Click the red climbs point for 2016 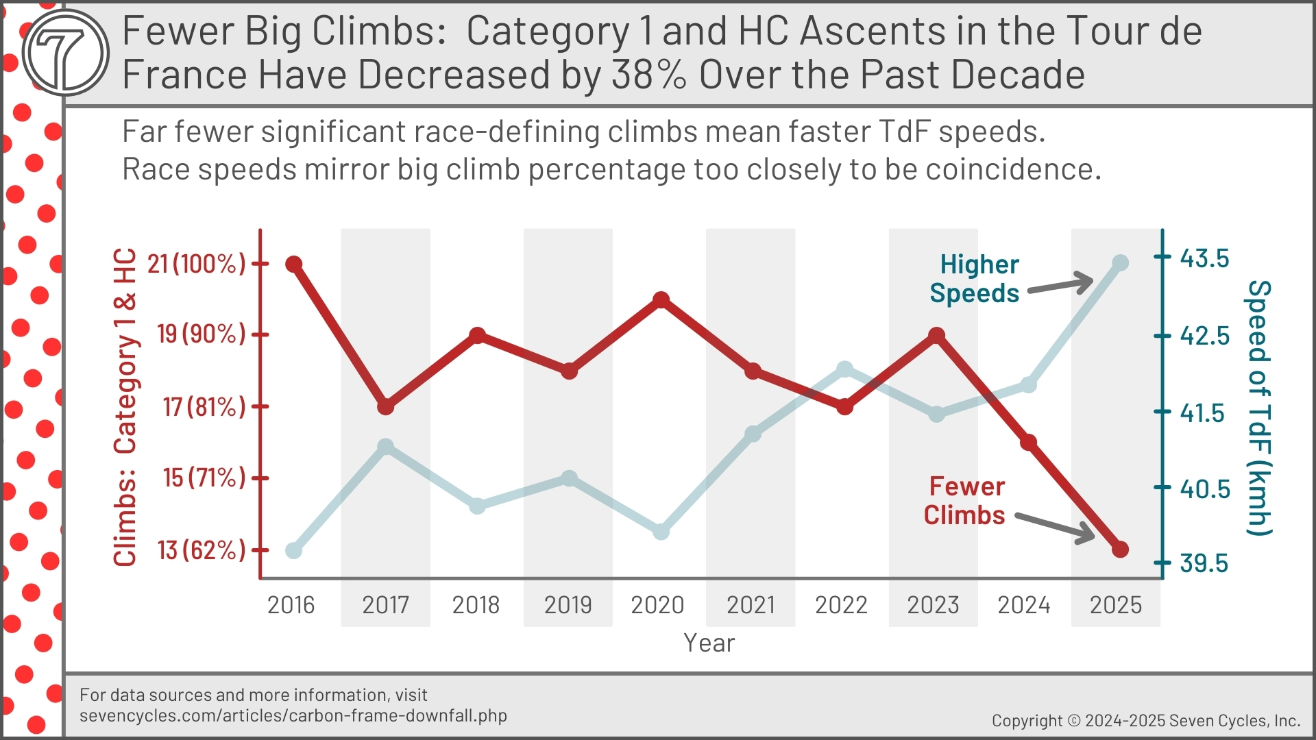click(x=294, y=264)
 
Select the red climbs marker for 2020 click(x=661, y=300)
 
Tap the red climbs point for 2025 click(x=1120, y=549)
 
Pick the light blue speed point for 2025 click(x=1120, y=262)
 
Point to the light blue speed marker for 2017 click(x=386, y=447)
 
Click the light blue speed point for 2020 click(x=661, y=532)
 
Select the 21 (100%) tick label click(x=197, y=264)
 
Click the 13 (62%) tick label click(x=202, y=550)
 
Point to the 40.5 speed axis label click(x=1204, y=489)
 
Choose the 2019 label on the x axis click(x=568, y=605)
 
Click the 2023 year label click(x=933, y=605)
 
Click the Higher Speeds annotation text click(x=975, y=279)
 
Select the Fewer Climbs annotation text click(x=964, y=501)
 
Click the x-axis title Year click(x=709, y=643)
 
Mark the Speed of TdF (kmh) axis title click(x=1258, y=408)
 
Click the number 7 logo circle click(x=65, y=52)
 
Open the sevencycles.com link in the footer click(x=293, y=716)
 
